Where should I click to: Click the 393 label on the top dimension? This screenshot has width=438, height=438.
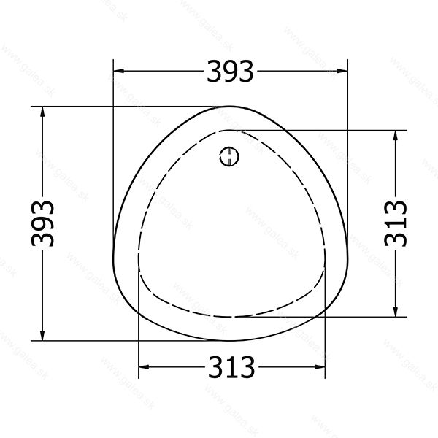(230, 72)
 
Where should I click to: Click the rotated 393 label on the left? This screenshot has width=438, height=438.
(42, 224)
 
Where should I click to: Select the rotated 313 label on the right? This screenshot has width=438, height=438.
(395, 223)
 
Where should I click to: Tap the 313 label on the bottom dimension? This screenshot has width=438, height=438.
(231, 366)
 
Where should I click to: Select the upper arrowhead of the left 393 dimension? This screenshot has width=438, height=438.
(42, 112)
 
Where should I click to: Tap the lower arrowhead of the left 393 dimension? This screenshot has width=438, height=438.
(42, 336)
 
